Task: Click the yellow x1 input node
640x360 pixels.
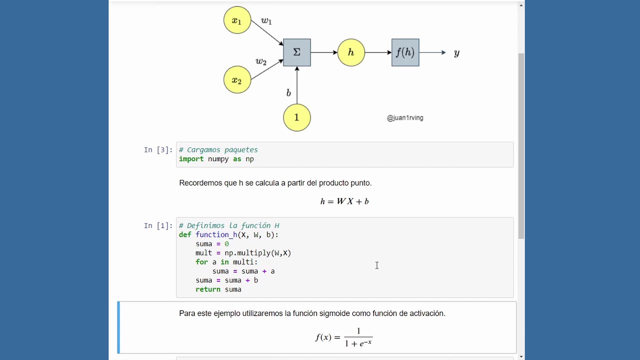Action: [237, 20]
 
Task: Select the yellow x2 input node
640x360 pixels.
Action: [237, 80]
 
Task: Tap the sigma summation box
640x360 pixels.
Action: [297, 52]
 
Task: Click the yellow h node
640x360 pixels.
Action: [351, 52]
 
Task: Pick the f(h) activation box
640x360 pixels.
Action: [405, 52]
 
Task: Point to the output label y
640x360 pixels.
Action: [456, 53]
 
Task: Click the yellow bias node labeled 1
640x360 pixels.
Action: [297, 117]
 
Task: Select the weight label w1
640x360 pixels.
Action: [266, 21]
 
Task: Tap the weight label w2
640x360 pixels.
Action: [261, 61]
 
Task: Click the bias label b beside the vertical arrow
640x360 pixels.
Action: [288, 93]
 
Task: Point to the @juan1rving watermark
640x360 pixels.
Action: [405, 118]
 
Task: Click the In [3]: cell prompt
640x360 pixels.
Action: [158, 150]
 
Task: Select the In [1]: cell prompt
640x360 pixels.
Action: [158, 226]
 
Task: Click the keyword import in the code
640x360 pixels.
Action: [191, 159]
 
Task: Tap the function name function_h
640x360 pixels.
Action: [216, 235]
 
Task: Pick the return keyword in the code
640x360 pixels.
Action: [208, 289]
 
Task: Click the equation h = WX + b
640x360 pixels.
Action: [344, 201]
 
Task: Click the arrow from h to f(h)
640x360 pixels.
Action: [378, 52]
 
